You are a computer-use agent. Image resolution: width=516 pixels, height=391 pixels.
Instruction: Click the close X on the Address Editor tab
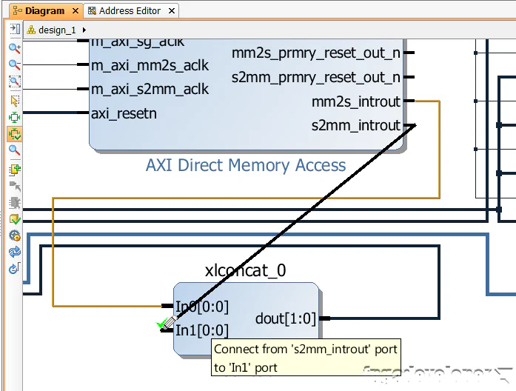172,11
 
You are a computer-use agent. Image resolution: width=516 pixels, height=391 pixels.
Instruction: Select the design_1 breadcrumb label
57,30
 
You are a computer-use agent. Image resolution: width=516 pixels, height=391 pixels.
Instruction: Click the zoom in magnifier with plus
14,48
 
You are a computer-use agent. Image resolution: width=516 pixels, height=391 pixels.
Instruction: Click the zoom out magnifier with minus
14,65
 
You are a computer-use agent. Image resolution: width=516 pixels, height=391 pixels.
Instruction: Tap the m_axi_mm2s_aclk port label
150,65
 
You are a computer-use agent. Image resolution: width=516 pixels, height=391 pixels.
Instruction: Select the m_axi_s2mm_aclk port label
150,89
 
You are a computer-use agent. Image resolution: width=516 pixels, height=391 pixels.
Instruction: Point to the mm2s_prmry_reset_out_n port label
316,53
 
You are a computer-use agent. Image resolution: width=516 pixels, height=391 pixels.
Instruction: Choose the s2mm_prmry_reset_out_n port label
316,77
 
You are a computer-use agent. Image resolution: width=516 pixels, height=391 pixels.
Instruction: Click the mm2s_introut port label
356,101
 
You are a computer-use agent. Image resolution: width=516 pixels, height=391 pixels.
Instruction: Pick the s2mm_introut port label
356,125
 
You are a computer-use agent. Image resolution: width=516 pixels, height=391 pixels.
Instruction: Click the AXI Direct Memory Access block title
246,165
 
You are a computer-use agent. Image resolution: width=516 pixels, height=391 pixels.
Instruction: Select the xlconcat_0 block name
245,270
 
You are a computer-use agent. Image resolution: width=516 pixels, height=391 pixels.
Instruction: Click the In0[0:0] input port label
202,306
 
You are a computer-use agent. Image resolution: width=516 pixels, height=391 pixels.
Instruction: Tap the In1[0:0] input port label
202,330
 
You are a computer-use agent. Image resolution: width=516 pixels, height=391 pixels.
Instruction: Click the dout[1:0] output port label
286,318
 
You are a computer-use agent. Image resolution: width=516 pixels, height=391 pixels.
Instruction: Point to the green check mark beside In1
161,324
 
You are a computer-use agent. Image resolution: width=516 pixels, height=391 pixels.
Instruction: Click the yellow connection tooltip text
306,358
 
